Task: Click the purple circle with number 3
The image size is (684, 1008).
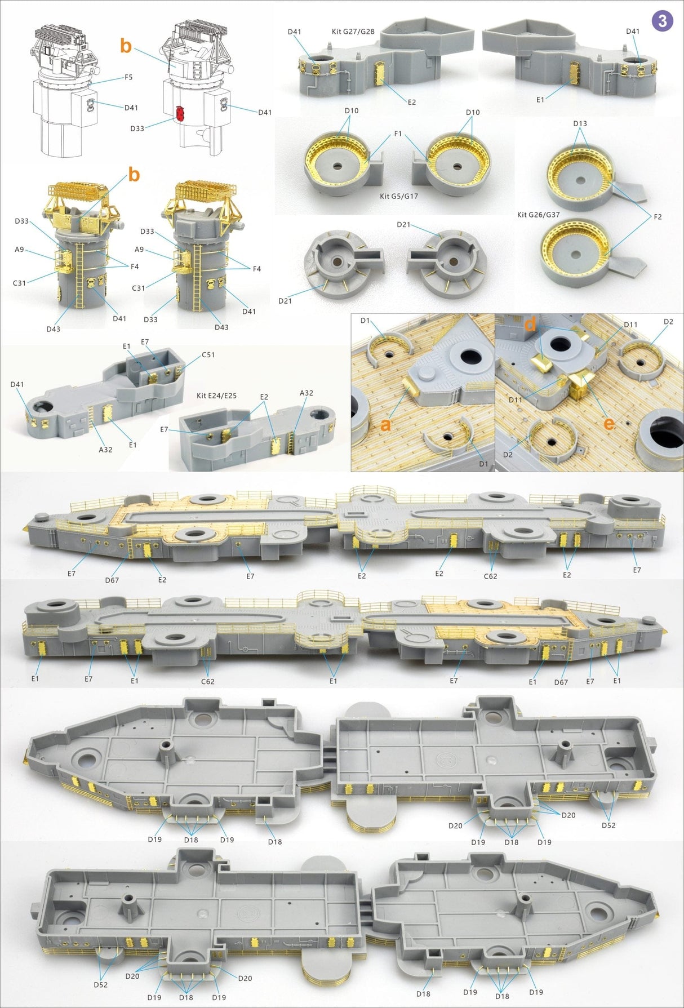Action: click(x=662, y=21)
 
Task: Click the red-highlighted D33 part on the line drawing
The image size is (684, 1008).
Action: click(x=180, y=113)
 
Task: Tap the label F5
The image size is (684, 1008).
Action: click(x=128, y=77)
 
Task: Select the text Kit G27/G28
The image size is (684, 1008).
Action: click(x=353, y=32)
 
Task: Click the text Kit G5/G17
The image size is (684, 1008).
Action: click(x=399, y=196)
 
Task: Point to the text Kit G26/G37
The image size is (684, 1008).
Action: click(x=538, y=215)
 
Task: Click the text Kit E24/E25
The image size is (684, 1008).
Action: click(x=216, y=396)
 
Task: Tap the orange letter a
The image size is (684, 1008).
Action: click(x=385, y=424)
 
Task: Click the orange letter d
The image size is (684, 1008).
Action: click(x=530, y=325)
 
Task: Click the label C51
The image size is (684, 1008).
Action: click(x=208, y=355)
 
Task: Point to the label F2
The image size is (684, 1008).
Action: click(x=658, y=217)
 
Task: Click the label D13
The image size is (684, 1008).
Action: click(x=580, y=123)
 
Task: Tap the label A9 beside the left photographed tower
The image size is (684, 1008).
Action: click(x=19, y=249)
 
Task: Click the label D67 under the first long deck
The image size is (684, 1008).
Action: click(x=112, y=580)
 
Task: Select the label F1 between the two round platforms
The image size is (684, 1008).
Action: click(x=398, y=134)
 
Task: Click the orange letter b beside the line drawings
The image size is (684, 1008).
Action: click(x=126, y=46)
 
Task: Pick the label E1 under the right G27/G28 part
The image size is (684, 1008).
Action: click(x=540, y=99)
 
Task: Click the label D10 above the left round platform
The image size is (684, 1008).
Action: click(x=352, y=110)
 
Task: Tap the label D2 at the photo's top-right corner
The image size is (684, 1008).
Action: click(x=668, y=322)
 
